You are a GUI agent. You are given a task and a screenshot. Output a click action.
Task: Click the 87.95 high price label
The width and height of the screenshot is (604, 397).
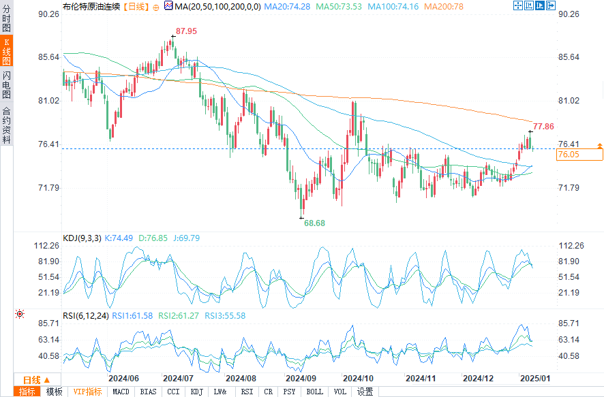point(186,31)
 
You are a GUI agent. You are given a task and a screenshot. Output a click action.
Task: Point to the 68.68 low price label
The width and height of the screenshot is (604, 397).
point(314,223)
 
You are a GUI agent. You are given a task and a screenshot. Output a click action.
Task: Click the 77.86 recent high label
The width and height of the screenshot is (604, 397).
point(543,126)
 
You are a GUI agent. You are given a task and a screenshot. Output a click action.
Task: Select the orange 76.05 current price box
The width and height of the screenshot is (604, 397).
point(579,155)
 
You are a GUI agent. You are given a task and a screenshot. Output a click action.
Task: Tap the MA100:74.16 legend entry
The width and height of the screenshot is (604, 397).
point(393,6)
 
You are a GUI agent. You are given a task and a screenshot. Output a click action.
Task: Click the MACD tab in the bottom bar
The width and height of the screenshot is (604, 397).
point(121,392)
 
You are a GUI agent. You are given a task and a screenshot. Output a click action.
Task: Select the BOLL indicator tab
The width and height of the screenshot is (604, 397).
point(314,392)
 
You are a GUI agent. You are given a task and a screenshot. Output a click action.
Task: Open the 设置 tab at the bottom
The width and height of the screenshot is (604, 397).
point(365,392)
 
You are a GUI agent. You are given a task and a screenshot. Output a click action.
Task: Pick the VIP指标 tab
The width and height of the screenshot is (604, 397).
point(87,392)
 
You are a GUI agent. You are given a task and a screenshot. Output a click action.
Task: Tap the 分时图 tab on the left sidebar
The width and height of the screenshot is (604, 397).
point(6,20)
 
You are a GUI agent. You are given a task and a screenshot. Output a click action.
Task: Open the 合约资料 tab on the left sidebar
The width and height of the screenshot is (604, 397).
point(6,124)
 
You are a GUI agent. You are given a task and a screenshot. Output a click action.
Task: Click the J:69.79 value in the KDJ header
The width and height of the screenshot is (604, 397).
point(186,238)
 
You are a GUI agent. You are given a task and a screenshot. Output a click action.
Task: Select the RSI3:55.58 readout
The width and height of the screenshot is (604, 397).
point(226,315)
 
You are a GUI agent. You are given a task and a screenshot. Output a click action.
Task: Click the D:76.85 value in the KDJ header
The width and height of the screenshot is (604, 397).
point(149,238)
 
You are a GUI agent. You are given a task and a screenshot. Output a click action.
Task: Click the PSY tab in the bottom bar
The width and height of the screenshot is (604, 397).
point(290,392)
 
